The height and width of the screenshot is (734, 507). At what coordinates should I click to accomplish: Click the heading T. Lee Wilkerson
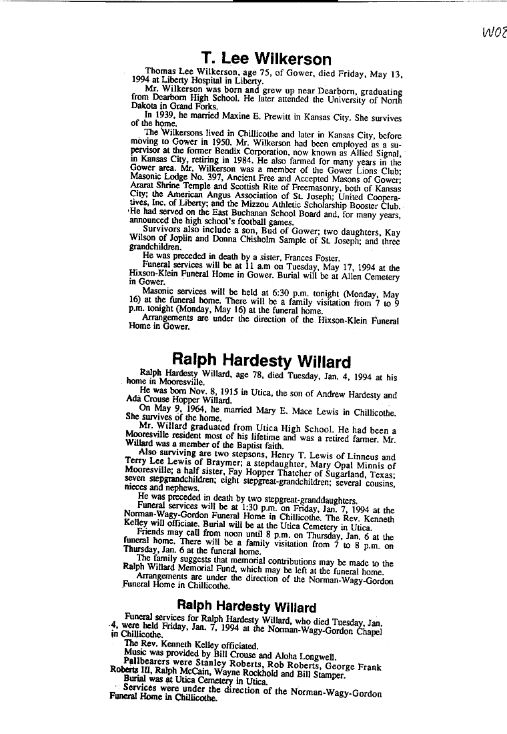point(266,59)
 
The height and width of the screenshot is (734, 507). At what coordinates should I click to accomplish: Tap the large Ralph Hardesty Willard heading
point(261,362)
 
